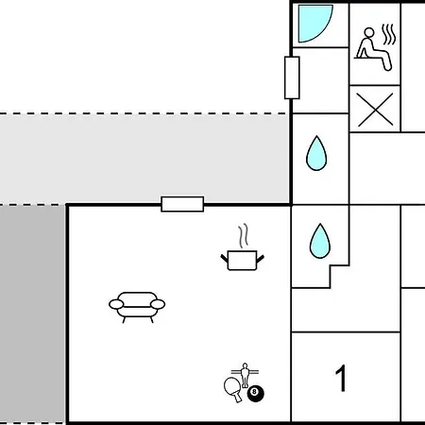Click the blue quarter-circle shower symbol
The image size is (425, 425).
tap(314, 22)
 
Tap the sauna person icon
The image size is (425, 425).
tap(371, 50)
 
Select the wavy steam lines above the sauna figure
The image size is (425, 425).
tap(389, 34)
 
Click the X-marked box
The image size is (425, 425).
tap(375, 110)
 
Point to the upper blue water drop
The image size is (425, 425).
tap(316, 154)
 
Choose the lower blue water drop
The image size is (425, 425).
tap(320, 242)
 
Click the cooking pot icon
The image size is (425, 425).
tap(242, 260)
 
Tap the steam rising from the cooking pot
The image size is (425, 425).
tap(243, 235)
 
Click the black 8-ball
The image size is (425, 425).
tap(256, 394)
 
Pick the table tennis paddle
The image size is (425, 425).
tap(233, 389)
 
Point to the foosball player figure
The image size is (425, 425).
tap(245, 375)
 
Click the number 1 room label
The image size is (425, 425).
tap(341, 378)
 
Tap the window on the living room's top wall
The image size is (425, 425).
tap(182, 204)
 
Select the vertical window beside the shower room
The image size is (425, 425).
tap(292, 77)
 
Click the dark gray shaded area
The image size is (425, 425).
tap(32, 314)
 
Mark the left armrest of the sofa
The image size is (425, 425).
tap(116, 304)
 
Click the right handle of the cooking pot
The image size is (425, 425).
tap(261, 260)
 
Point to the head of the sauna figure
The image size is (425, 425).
tap(369, 33)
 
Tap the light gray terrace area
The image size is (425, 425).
tap(144, 159)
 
